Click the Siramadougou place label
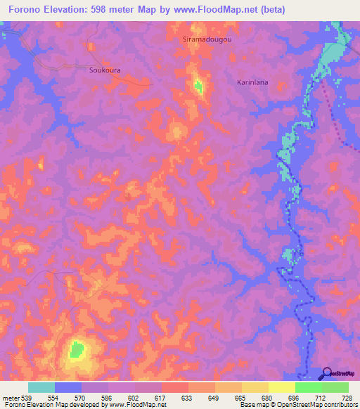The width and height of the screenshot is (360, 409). click(x=207, y=40)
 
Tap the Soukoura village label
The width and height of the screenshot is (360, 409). click(x=105, y=70)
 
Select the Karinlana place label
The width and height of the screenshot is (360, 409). click(x=252, y=82)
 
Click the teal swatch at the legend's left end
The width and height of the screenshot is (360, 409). click(x=41, y=387)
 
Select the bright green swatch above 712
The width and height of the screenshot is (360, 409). click(x=308, y=387)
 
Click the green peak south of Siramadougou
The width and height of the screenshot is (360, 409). click(x=198, y=87)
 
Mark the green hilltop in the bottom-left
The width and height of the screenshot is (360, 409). click(x=76, y=349)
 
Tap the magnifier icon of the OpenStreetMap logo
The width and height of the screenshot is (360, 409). click(x=325, y=373)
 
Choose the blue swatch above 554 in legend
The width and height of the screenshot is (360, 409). click(x=68, y=387)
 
